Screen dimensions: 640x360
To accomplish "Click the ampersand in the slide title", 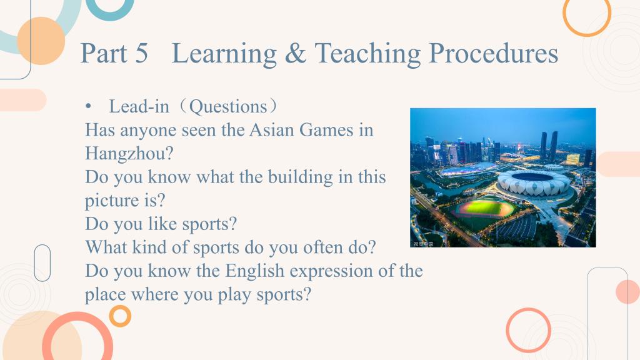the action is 296,54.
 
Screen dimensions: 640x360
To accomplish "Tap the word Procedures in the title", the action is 494,54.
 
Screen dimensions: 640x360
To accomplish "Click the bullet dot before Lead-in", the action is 88,106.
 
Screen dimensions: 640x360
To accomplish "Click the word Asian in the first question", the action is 272,130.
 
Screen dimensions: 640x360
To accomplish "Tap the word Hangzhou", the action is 129,154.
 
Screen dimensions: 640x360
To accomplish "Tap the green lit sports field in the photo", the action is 484,208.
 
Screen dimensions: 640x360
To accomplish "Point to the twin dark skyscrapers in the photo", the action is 549,146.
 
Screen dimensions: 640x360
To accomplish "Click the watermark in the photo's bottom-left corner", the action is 423,244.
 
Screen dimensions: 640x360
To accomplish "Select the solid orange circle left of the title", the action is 41,41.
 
